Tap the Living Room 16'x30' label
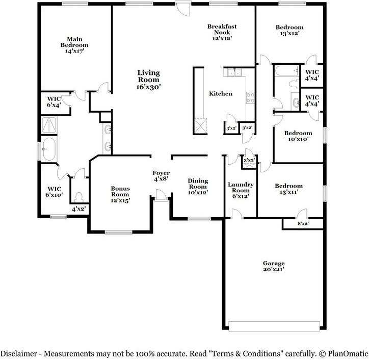coord(148,80)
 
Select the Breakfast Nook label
coord(222,32)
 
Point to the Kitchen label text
coord(221,94)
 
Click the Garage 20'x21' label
coord(273,266)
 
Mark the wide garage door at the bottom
coord(274,326)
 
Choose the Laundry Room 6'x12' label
coord(238,190)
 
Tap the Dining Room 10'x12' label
coord(198,187)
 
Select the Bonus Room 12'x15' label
coord(120,194)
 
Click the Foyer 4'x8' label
coord(161,176)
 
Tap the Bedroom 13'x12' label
coord(289,30)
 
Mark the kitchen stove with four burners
coord(250,97)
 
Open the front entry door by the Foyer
coord(161,195)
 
